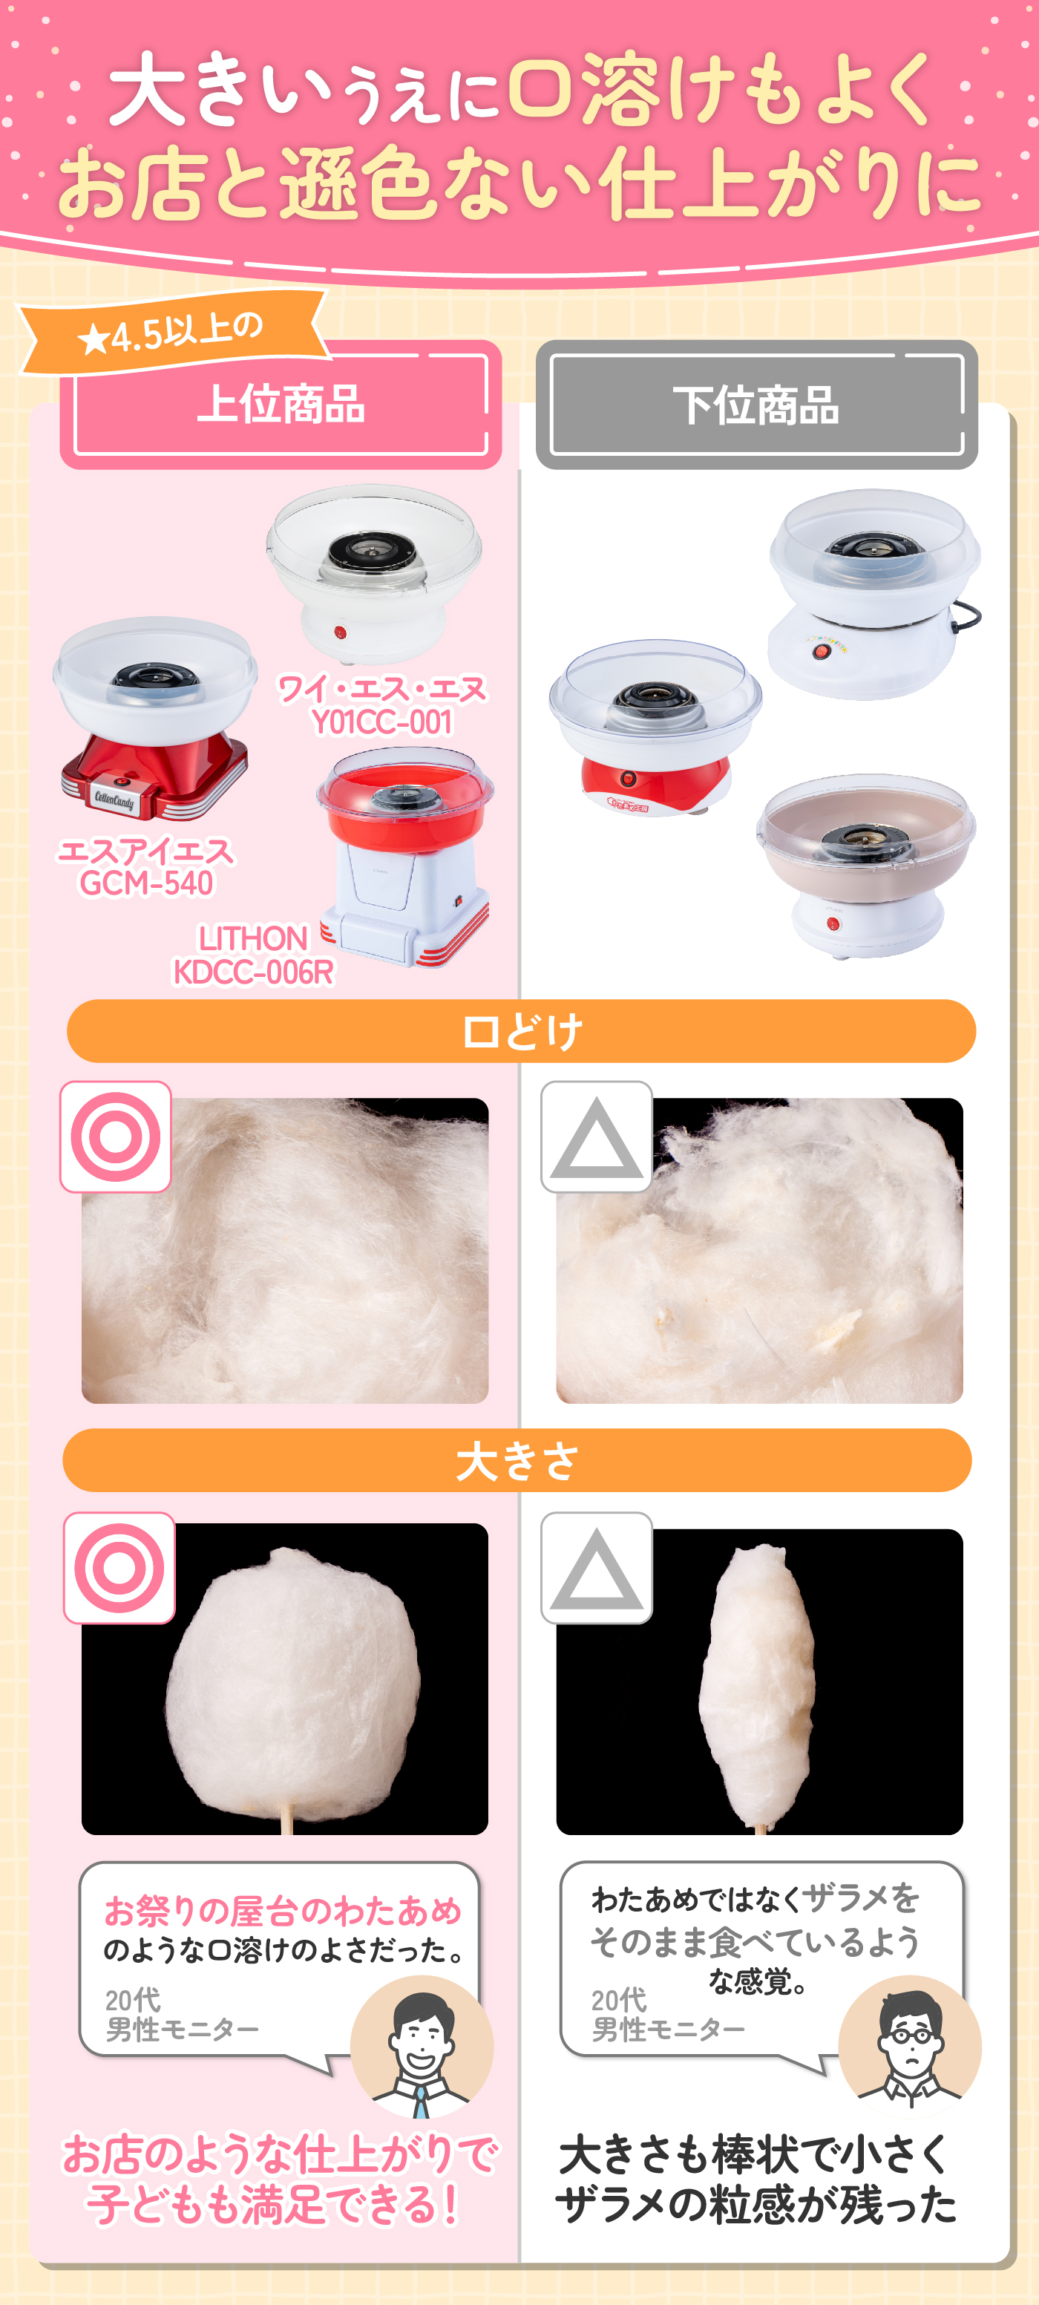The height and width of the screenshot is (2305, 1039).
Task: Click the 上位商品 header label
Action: pos(281,404)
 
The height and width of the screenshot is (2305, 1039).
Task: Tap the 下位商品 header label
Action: pos(756,405)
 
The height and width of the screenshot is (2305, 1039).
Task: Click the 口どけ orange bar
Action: pos(521,1031)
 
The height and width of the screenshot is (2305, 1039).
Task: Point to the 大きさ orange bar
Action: pos(517,1460)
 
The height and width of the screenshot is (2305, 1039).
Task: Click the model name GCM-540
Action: pos(147,883)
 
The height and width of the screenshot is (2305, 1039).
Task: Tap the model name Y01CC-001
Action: pos(382,722)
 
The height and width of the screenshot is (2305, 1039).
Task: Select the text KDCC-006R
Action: pos(253,972)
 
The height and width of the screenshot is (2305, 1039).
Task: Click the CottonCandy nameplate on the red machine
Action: pos(114,798)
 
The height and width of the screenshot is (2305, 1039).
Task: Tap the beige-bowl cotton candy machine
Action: pos(865,863)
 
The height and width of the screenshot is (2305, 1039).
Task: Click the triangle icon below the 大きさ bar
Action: pos(597,1568)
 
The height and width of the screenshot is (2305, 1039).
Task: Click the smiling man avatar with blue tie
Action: pos(422,2047)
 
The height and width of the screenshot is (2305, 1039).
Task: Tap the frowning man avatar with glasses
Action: pos(910,2047)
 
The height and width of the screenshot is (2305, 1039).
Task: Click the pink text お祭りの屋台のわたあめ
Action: pos(283,1910)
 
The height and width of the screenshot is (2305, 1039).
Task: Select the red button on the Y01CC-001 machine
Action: pos(340,632)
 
